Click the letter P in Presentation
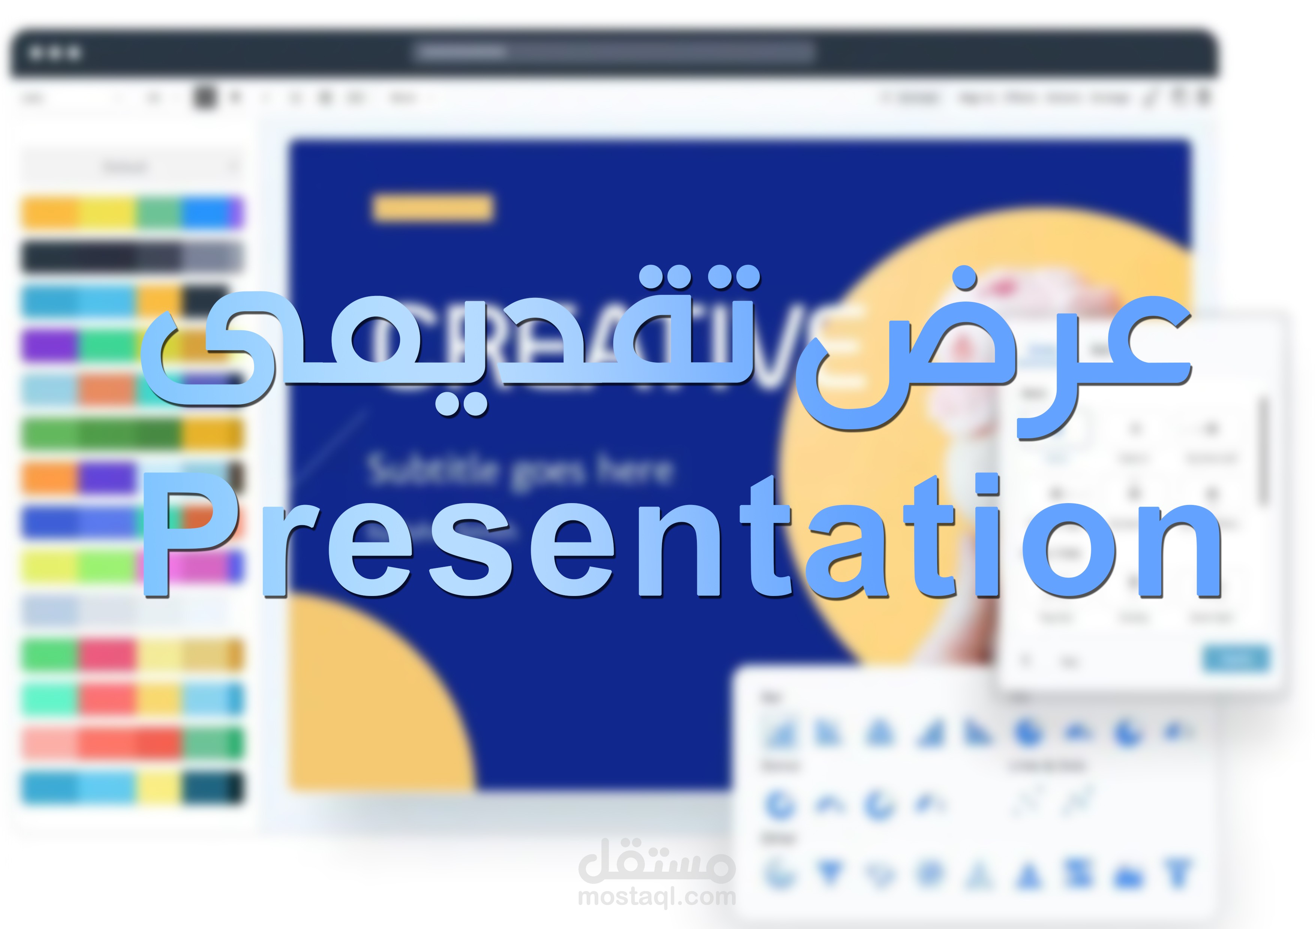click(x=189, y=535)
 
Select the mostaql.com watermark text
click(x=657, y=897)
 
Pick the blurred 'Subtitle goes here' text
click(x=519, y=470)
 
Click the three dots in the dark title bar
click(x=55, y=53)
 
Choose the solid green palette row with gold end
click(x=132, y=433)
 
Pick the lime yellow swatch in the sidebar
click(x=50, y=566)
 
